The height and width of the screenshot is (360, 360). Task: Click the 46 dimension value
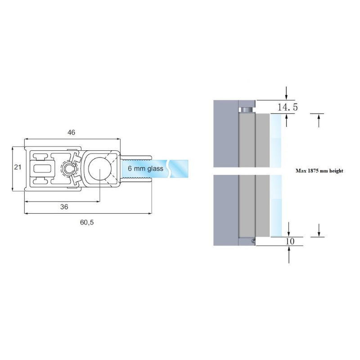coord(71,132)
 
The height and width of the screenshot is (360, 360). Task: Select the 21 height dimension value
coord(18,167)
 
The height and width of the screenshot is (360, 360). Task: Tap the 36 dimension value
coord(64,207)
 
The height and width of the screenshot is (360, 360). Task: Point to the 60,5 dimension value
coord(87,222)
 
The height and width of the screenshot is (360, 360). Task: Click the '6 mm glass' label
coord(145,168)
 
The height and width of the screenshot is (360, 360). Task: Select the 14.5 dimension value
coord(288,107)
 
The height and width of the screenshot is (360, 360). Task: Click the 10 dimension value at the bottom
coord(290,241)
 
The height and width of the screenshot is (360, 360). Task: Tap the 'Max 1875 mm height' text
coord(319,171)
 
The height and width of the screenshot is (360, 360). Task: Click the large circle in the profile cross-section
coord(99,169)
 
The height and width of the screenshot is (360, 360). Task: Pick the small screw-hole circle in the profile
coord(69,169)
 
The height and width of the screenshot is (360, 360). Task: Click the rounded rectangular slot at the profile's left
coord(42,169)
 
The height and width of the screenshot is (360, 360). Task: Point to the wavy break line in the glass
coord(169,168)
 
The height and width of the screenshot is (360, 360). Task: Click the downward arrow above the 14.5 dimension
coord(286,93)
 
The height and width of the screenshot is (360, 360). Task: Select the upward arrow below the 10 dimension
coord(289,254)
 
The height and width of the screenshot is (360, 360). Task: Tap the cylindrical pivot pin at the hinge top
coord(247,110)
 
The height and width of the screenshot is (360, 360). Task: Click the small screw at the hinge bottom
coord(253,241)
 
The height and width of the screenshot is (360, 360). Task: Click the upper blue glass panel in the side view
coord(276,140)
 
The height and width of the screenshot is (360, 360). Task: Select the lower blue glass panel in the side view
coord(276,206)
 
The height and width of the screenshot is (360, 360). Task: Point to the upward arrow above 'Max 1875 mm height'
coord(319,121)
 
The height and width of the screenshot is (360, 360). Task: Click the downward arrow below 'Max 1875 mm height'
coord(319,230)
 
